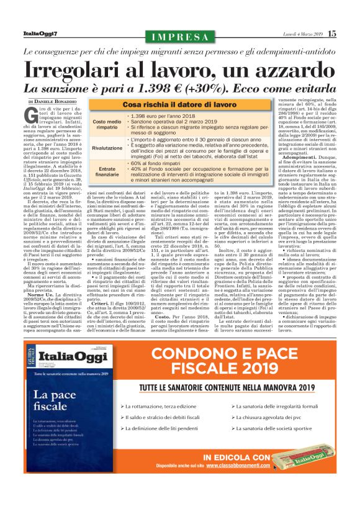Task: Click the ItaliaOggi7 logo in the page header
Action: pyautogui.click(x=40, y=33)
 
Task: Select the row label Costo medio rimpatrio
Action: pyautogui.click(x=107, y=125)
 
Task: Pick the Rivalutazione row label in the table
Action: pyautogui.click(x=107, y=148)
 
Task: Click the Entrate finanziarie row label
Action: pyautogui.click(x=107, y=172)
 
